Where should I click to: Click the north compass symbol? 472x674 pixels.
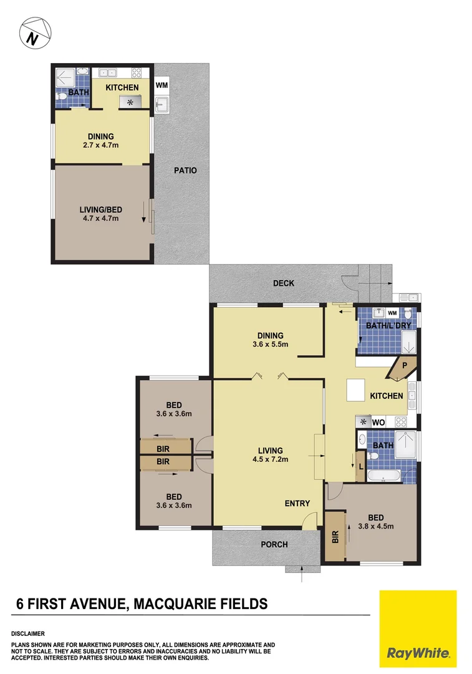(x=35, y=34)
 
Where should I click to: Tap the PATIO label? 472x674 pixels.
(x=186, y=170)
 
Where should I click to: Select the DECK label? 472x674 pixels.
(x=284, y=283)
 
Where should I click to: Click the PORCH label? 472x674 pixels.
(x=274, y=545)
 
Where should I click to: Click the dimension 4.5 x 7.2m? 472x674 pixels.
(x=271, y=459)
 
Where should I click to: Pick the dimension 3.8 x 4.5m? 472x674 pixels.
(x=376, y=526)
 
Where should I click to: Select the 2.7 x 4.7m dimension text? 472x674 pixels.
(x=101, y=145)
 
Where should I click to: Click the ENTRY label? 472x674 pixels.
(x=297, y=504)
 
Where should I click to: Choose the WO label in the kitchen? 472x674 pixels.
(x=378, y=422)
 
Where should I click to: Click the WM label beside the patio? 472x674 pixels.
(x=162, y=85)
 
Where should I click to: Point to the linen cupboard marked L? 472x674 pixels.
(x=361, y=466)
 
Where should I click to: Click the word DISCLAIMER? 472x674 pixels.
(x=28, y=633)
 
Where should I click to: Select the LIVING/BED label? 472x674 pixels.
(x=101, y=210)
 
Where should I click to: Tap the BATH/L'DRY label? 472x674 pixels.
(x=388, y=326)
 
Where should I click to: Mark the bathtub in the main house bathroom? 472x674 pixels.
(x=384, y=476)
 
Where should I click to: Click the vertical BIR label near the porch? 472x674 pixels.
(x=335, y=537)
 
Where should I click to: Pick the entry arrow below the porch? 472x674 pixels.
(x=302, y=574)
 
